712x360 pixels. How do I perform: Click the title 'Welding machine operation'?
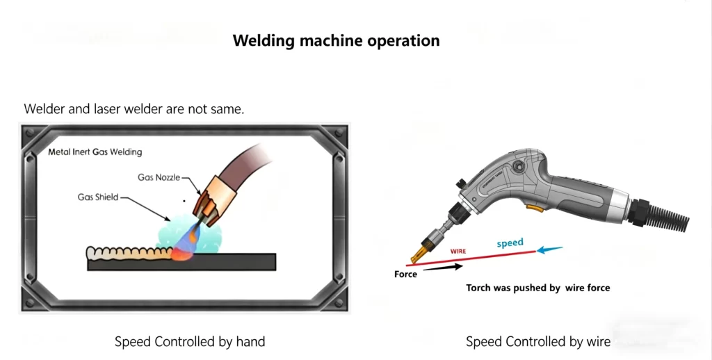[336, 40]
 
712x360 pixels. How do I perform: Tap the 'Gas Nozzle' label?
[159, 177]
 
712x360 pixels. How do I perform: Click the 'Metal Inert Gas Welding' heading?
[95, 152]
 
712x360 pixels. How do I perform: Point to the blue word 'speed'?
[510, 243]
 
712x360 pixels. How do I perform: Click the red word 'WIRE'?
[458, 250]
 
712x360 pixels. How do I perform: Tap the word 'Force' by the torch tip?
[405, 274]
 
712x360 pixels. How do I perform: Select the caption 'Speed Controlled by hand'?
[190, 341]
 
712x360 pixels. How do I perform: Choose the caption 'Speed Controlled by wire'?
[538, 341]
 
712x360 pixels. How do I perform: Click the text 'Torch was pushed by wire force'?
[537, 288]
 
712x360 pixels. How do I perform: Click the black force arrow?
[441, 266]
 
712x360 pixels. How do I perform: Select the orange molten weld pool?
[182, 254]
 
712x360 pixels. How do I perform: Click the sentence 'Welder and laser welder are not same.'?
[134, 109]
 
